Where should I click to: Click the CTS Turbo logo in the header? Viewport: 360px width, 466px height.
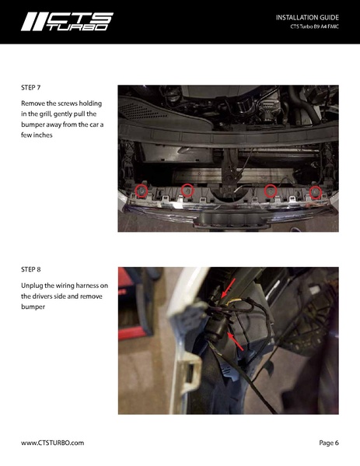point(67,22)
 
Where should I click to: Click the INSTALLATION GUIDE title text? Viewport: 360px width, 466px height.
point(307,18)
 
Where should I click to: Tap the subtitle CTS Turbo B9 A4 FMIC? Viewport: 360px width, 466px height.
point(315,26)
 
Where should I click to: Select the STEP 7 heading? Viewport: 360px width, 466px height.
point(30,88)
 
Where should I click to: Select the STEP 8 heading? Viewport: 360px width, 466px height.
point(30,269)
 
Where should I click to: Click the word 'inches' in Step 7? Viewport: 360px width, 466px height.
point(42,135)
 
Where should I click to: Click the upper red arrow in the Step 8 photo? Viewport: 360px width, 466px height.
point(229,287)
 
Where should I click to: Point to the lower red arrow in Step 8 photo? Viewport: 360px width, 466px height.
point(236,342)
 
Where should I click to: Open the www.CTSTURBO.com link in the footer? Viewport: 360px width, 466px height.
point(53,443)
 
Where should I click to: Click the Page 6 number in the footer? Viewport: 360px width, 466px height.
point(329,443)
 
